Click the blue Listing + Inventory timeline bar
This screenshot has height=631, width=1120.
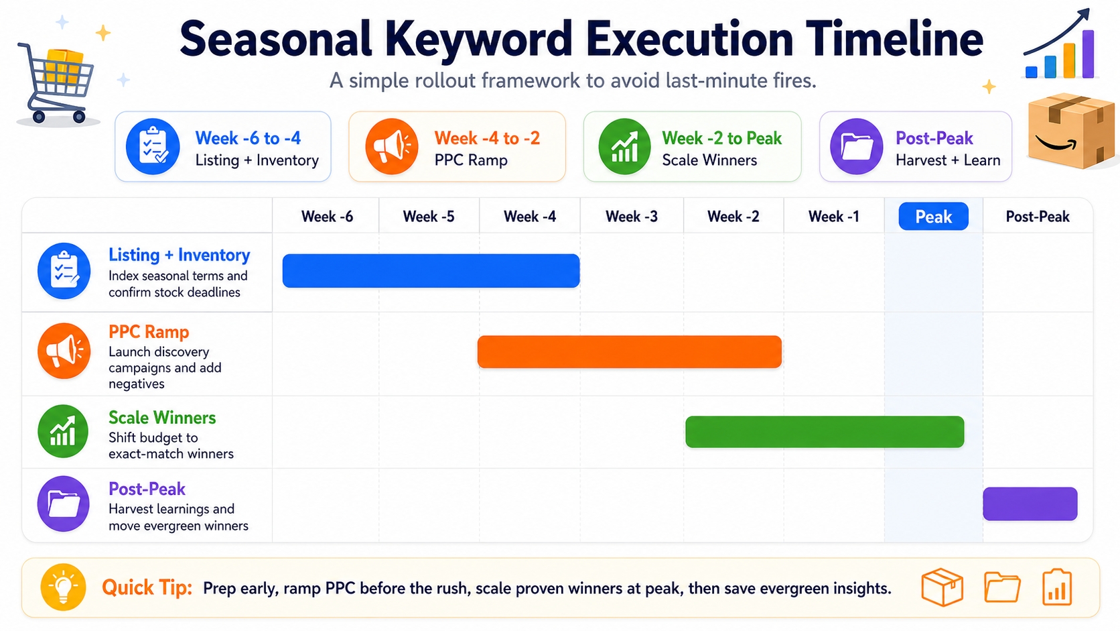tap(431, 271)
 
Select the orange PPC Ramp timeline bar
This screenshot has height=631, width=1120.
tap(629, 352)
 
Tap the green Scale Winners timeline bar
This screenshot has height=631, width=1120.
tap(824, 432)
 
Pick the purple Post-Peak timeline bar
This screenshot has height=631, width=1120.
tap(1030, 504)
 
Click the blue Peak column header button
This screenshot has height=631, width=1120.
tap(933, 217)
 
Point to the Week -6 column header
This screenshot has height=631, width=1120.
tap(327, 217)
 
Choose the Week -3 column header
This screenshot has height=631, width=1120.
tap(631, 217)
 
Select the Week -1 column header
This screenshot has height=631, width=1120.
tap(833, 217)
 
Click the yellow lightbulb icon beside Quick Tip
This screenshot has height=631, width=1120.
tap(63, 587)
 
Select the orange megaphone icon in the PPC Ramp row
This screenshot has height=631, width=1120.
tap(64, 351)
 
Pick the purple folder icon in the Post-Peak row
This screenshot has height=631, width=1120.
tap(64, 504)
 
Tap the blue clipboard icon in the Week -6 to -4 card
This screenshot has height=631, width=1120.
tap(153, 146)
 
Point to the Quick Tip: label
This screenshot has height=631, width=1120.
tap(147, 588)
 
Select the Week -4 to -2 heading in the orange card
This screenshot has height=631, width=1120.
tap(487, 138)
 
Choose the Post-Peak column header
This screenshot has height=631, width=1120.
tap(1037, 217)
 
